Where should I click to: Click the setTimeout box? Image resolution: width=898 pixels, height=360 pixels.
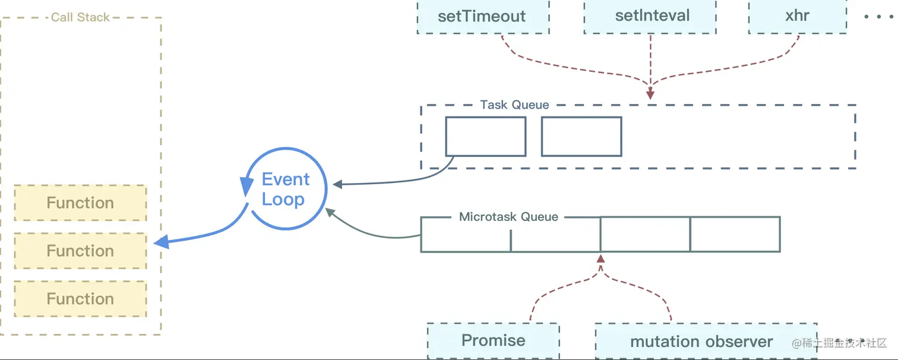pyautogui.click(x=483, y=17)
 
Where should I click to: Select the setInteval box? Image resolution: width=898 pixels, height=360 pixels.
pyautogui.click(x=650, y=17)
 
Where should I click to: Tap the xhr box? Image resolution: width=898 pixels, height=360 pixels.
pyautogui.click(x=798, y=17)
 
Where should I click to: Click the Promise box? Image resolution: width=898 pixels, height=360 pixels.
pyautogui.click(x=493, y=341)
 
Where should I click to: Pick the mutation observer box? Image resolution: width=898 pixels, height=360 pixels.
pyautogui.click(x=706, y=341)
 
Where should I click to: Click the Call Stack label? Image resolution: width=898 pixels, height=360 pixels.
pyautogui.click(x=80, y=17)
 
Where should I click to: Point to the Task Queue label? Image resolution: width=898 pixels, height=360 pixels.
pyautogui.click(x=515, y=105)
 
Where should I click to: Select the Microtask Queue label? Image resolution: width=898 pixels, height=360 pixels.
pyautogui.click(x=508, y=217)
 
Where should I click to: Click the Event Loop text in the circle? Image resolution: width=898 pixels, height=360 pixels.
pyautogui.click(x=285, y=190)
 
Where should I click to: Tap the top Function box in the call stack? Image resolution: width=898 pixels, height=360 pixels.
pyautogui.click(x=80, y=203)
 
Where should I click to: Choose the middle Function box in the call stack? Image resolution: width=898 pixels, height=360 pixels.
pyautogui.click(x=80, y=251)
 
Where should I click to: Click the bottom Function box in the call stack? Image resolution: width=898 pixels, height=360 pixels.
pyautogui.click(x=80, y=299)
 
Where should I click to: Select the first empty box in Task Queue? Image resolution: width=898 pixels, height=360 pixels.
pyautogui.click(x=485, y=136)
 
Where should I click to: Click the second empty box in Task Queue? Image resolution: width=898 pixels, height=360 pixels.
pyautogui.click(x=581, y=136)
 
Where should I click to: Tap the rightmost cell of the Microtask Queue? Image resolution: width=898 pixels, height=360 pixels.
pyautogui.click(x=735, y=235)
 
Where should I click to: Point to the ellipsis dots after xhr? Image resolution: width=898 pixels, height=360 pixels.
pyautogui.click(x=878, y=17)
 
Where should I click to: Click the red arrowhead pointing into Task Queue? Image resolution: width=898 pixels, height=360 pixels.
pyautogui.click(x=650, y=94)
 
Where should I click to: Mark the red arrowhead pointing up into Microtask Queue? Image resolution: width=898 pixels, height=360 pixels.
pyautogui.click(x=600, y=258)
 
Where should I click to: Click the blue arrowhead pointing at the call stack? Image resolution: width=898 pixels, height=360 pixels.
pyautogui.click(x=162, y=242)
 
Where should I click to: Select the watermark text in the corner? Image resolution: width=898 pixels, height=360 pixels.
pyautogui.click(x=839, y=343)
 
